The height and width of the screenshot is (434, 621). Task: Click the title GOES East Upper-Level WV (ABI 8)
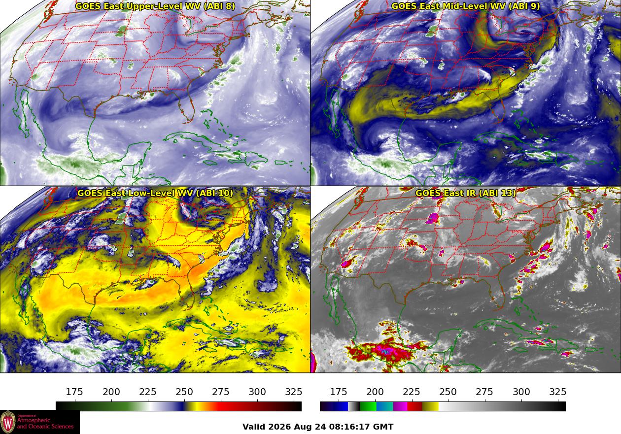pyautogui.click(x=155, y=6)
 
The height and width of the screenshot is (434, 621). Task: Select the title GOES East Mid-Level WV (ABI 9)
pyautogui.click(x=466, y=6)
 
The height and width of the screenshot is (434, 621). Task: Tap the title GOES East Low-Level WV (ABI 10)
pyautogui.click(x=155, y=193)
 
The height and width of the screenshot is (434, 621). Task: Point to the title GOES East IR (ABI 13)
pyautogui.click(x=466, y=193)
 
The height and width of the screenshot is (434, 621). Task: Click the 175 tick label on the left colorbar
pyautogui.click(x=74, y=392)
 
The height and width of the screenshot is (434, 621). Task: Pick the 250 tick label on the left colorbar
pyautogui.click(x=184, y=392)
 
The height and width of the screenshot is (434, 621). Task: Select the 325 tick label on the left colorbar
pyautogui.click(x=294, y=392)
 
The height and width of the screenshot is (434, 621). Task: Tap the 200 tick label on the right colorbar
pyautogui.click(x=375, y=392)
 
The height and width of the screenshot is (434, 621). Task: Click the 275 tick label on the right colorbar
pyautogui.click(x=484, y=392)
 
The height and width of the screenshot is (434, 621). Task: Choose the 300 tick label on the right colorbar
pyautogui.click(x=521, y=392)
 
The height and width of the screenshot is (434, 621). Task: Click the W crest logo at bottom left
pyautogui.click(x=8, y=422)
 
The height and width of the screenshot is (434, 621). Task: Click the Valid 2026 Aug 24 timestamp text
pyautogui.click(x=318, y=427)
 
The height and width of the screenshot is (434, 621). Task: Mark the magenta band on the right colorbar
pyautogui.click(x=400, y=406)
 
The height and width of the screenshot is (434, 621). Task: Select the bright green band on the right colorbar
pyautogui.click(x=368, y=406)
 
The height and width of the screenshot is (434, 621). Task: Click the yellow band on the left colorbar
pyautogui.click(x=193, y=406)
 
